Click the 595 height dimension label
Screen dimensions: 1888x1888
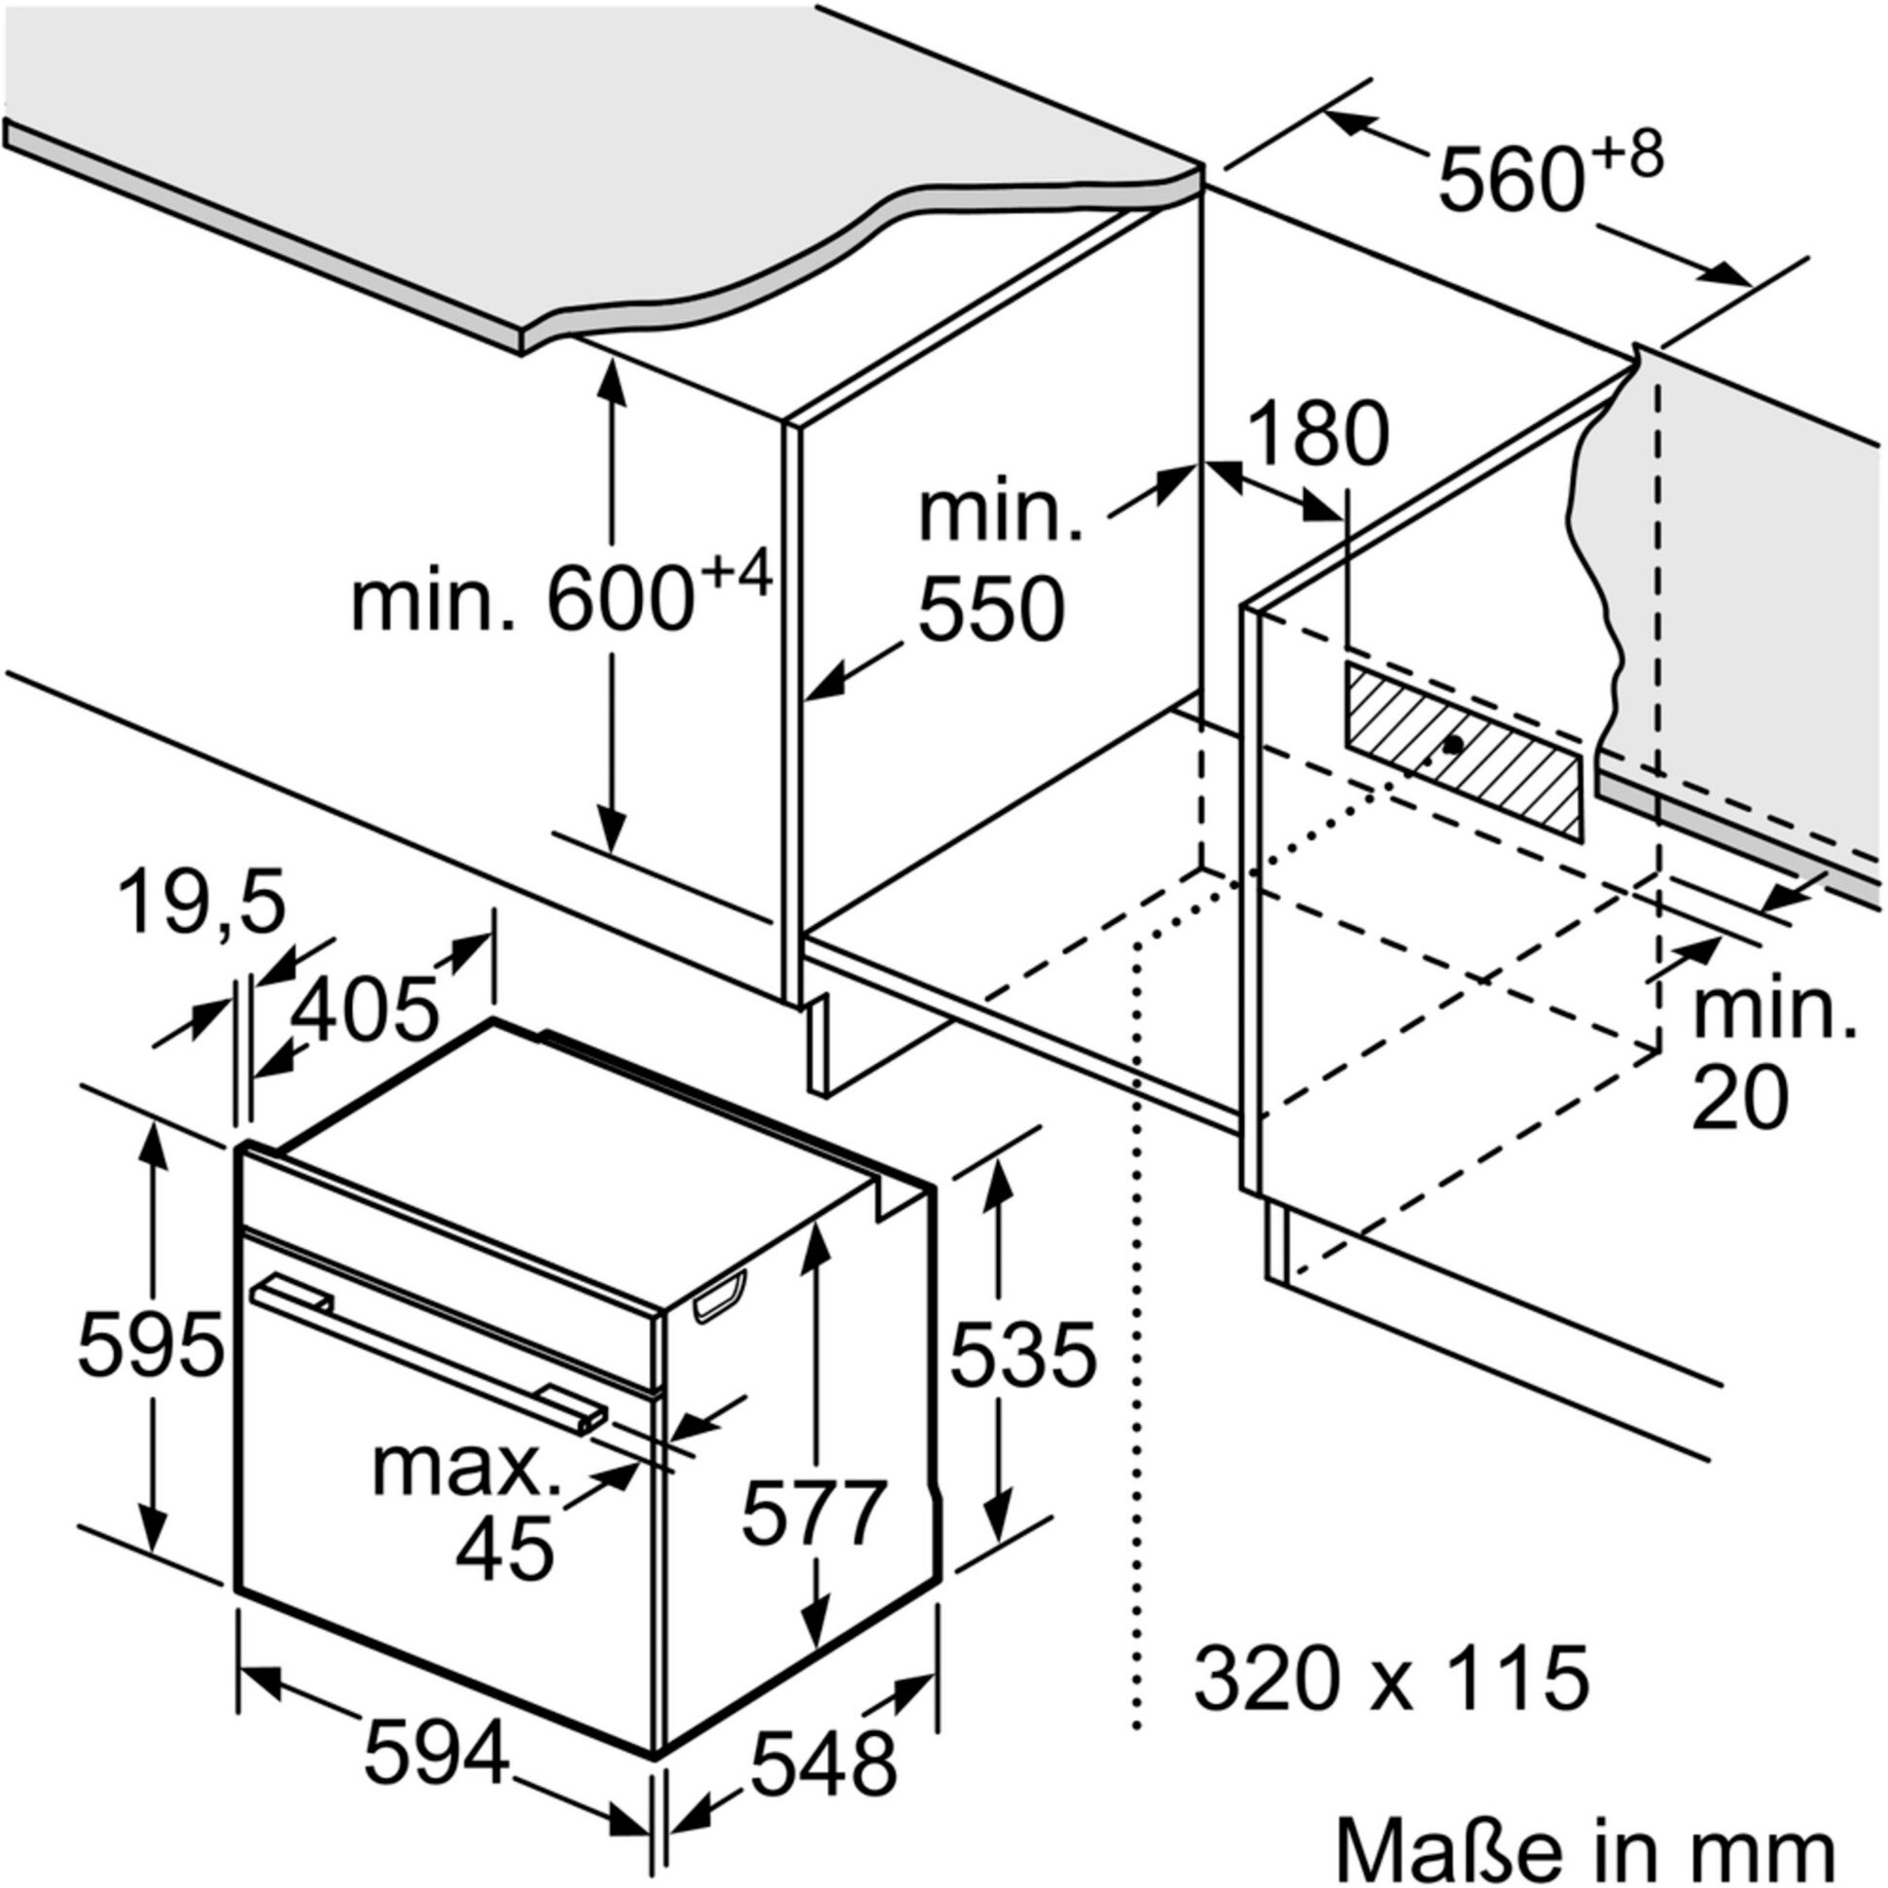point(150,1345)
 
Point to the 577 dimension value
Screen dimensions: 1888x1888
point(814,1511)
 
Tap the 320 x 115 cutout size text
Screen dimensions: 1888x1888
point(1391,1677)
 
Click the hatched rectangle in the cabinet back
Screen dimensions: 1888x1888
point(1462,750)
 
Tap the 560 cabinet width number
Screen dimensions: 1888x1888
point(1509,178)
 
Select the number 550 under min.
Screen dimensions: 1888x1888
point(991,608)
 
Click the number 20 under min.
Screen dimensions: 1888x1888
point(1742,1099)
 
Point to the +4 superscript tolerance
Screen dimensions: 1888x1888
point(736,574)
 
